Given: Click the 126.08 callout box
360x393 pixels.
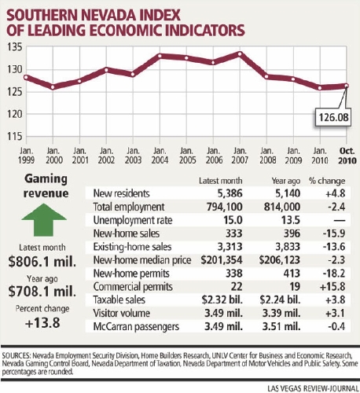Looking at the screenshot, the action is (x=332, y=117).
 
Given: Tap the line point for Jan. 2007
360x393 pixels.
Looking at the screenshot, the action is (x=240, y=54).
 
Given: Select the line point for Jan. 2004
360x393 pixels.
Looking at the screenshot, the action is (x=160, y=56).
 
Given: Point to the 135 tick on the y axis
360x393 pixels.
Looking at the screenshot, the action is (x=15, y=47).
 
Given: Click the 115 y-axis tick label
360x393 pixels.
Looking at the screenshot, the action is (x=15, y=136).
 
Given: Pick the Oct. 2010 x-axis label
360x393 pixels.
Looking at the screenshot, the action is (x=347, y=156).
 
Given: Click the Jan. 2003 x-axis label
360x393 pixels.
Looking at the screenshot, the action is (x=133, y=156).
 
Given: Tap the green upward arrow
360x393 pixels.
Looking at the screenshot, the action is (x=44, y=220).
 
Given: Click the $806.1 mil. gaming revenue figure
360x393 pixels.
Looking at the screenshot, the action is (x=42, y=262).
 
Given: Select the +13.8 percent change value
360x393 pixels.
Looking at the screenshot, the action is (x=42, y=323).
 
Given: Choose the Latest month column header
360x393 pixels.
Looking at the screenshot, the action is (x=221, y=181).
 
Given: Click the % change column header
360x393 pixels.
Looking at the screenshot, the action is (x=327, y=181).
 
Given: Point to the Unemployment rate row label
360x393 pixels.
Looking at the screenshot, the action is (x=133, y=220).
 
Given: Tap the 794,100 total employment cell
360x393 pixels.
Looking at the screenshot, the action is (x=224, y=207).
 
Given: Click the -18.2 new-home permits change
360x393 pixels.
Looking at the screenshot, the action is (x=334, y=274).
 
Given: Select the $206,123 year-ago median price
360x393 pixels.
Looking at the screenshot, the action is (x=280, y=260).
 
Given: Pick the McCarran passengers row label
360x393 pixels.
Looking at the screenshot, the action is (x=136, y=326).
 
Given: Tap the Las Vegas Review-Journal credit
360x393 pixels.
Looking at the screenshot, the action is (x=313, y=388).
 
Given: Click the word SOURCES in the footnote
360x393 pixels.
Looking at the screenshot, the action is (x=17, y=356).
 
